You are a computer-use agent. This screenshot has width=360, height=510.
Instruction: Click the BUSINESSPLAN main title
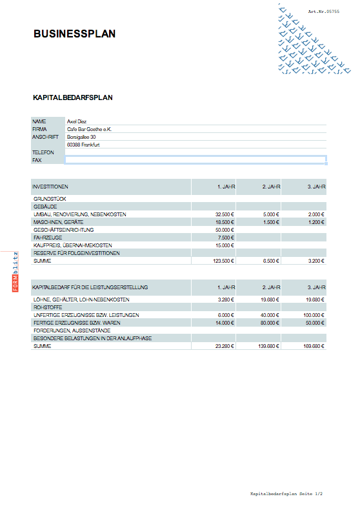[75, 34]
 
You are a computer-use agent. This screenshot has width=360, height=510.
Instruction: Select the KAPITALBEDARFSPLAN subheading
[73, 98]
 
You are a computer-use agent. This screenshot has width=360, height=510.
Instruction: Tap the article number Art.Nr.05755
[323, 12]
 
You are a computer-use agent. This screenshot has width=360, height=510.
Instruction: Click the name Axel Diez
[77, 121]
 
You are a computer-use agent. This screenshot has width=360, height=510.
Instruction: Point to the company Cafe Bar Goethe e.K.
[89, 129]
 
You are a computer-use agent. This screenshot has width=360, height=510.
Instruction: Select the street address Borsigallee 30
[81, 137]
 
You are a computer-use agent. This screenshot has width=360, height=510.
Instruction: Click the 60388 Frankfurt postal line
[83, 145]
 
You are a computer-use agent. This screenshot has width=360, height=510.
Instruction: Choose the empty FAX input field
[195, 159]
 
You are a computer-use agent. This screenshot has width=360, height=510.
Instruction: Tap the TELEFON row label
[43, 152]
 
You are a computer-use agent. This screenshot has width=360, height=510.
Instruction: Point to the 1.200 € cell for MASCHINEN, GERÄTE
[315, 222]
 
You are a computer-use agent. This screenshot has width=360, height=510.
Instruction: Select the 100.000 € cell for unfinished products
[313, 316]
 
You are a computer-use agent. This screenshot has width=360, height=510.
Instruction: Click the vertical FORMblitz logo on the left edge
[16, 272]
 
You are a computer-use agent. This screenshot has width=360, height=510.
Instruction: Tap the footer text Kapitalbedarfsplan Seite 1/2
[286, 494]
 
